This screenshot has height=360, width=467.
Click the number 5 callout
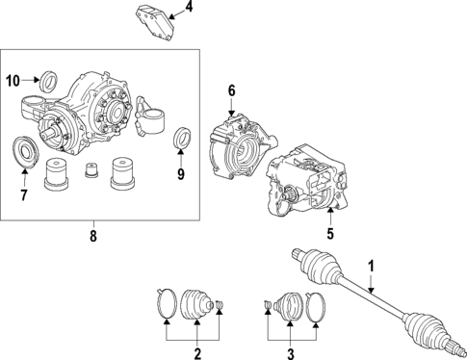click(329, 231)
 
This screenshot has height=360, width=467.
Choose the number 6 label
click(231, 90)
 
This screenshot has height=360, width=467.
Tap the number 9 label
click(179, 175)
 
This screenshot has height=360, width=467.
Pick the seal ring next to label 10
click(45, 79)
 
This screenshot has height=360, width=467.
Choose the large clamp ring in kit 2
click(166, 302)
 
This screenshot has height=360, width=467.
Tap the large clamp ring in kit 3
click(317, 308)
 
